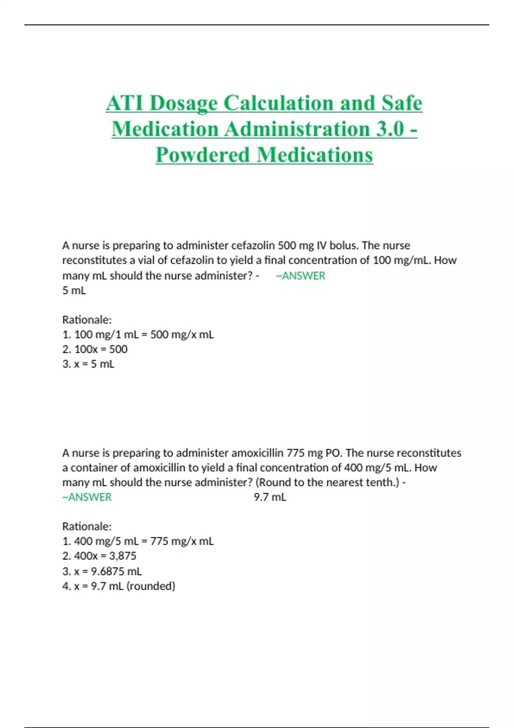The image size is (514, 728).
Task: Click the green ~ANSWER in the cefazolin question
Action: (x=301, y=276)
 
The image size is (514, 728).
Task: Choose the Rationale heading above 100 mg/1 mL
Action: (x=87, y=320)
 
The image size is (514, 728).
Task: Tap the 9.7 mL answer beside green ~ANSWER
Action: (x=270, y=497)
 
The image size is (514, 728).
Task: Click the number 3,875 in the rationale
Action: (x=123, y=556)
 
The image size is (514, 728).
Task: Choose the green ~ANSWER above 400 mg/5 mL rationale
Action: (x=87, y=497)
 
